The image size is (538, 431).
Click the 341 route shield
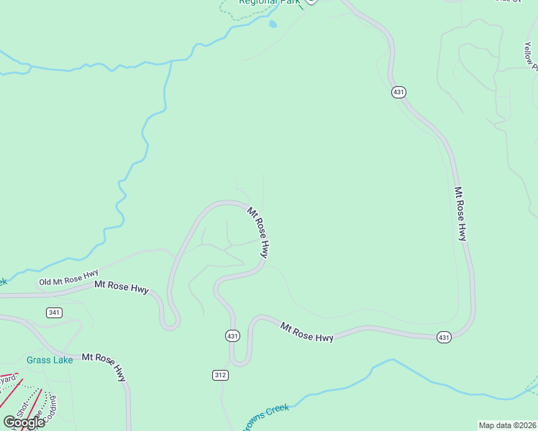click(54, 312)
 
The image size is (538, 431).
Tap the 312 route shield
click(221, 375)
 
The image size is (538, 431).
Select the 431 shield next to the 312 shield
click(232, 335)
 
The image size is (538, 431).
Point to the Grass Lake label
click(50, 360)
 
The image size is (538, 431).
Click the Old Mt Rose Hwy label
click(68, 278)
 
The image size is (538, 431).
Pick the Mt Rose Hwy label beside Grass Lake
click(105, 366)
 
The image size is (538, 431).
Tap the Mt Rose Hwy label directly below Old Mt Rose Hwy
click(122, 287)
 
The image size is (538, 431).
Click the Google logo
click(24, 422)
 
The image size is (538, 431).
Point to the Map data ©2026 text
click(507, 425)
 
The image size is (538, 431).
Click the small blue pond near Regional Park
click(273, 24)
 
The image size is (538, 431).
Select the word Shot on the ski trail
click(19, 408)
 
